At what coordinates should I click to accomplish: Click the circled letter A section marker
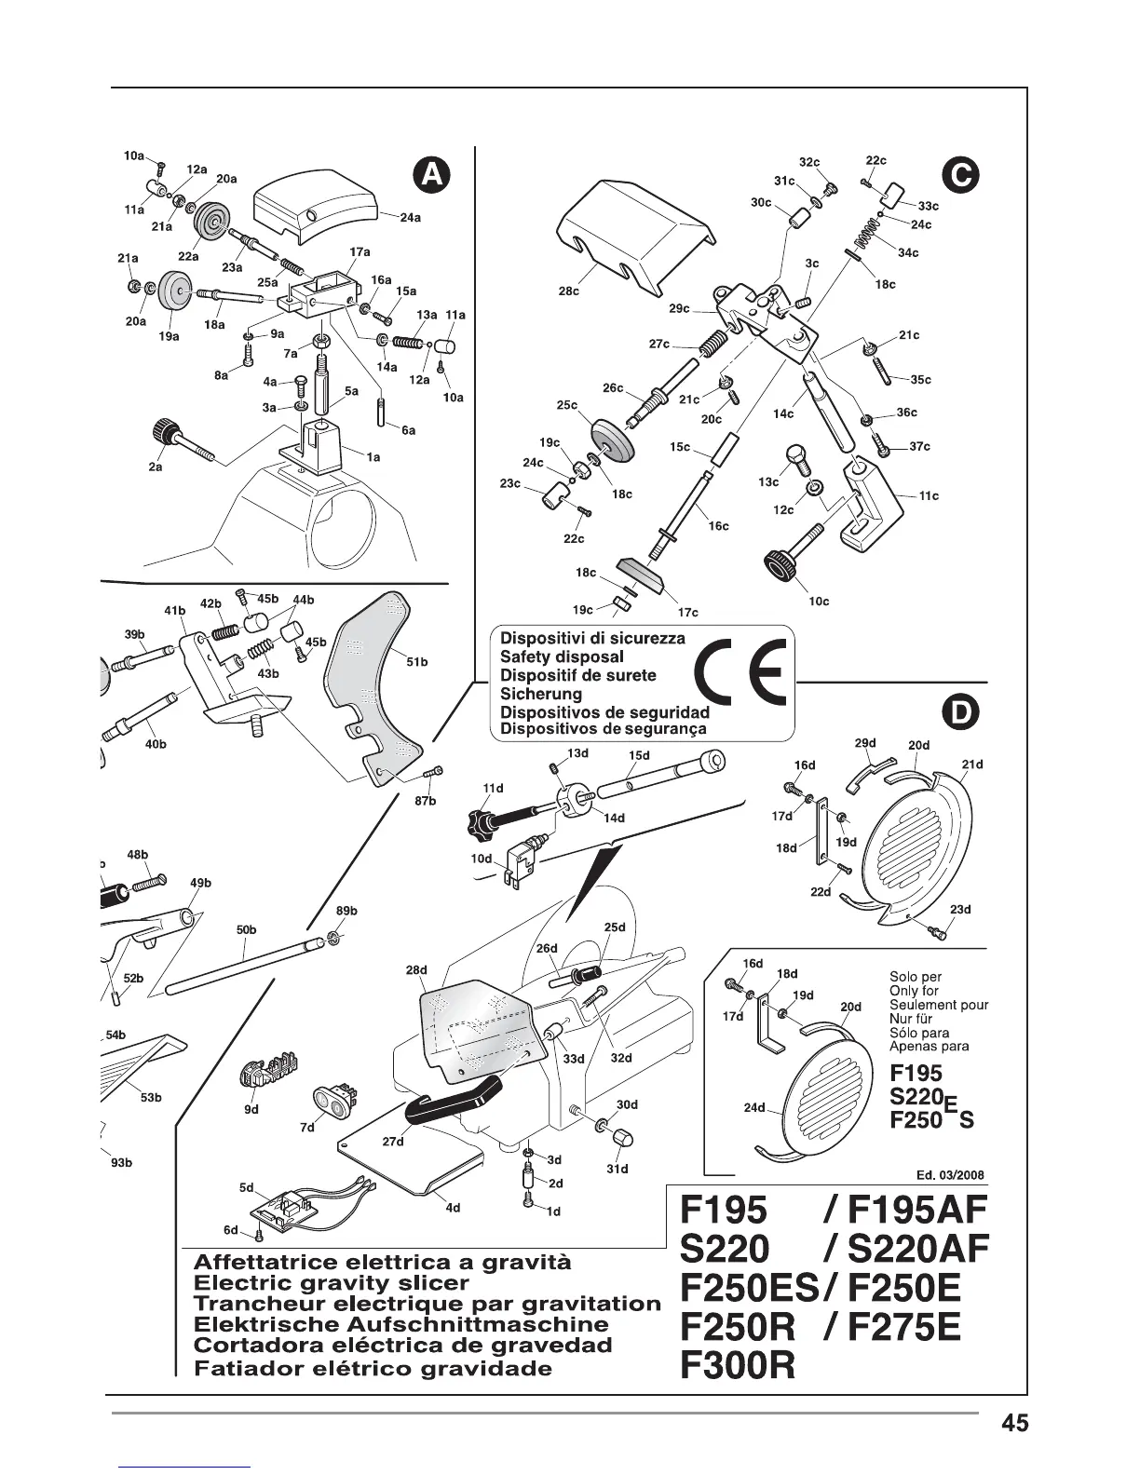pyautogui.click(x=431, y=175)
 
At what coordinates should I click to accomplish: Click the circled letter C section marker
pyautogui.click(x=959, y=175)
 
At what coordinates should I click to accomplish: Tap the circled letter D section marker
pyautogui.click(x=959, y=712)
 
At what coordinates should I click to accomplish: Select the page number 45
pyautogui.click(x=1015, y=1424)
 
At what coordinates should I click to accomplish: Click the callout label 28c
pyautogui.click(x=568, y=291)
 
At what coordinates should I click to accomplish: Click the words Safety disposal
pyautogui.click(x=562, y=656)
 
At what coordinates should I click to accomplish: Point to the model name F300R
pyautogui.click(x=739, y=1366)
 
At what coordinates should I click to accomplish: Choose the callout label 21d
pyautogui.click(x=972, y=765)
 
